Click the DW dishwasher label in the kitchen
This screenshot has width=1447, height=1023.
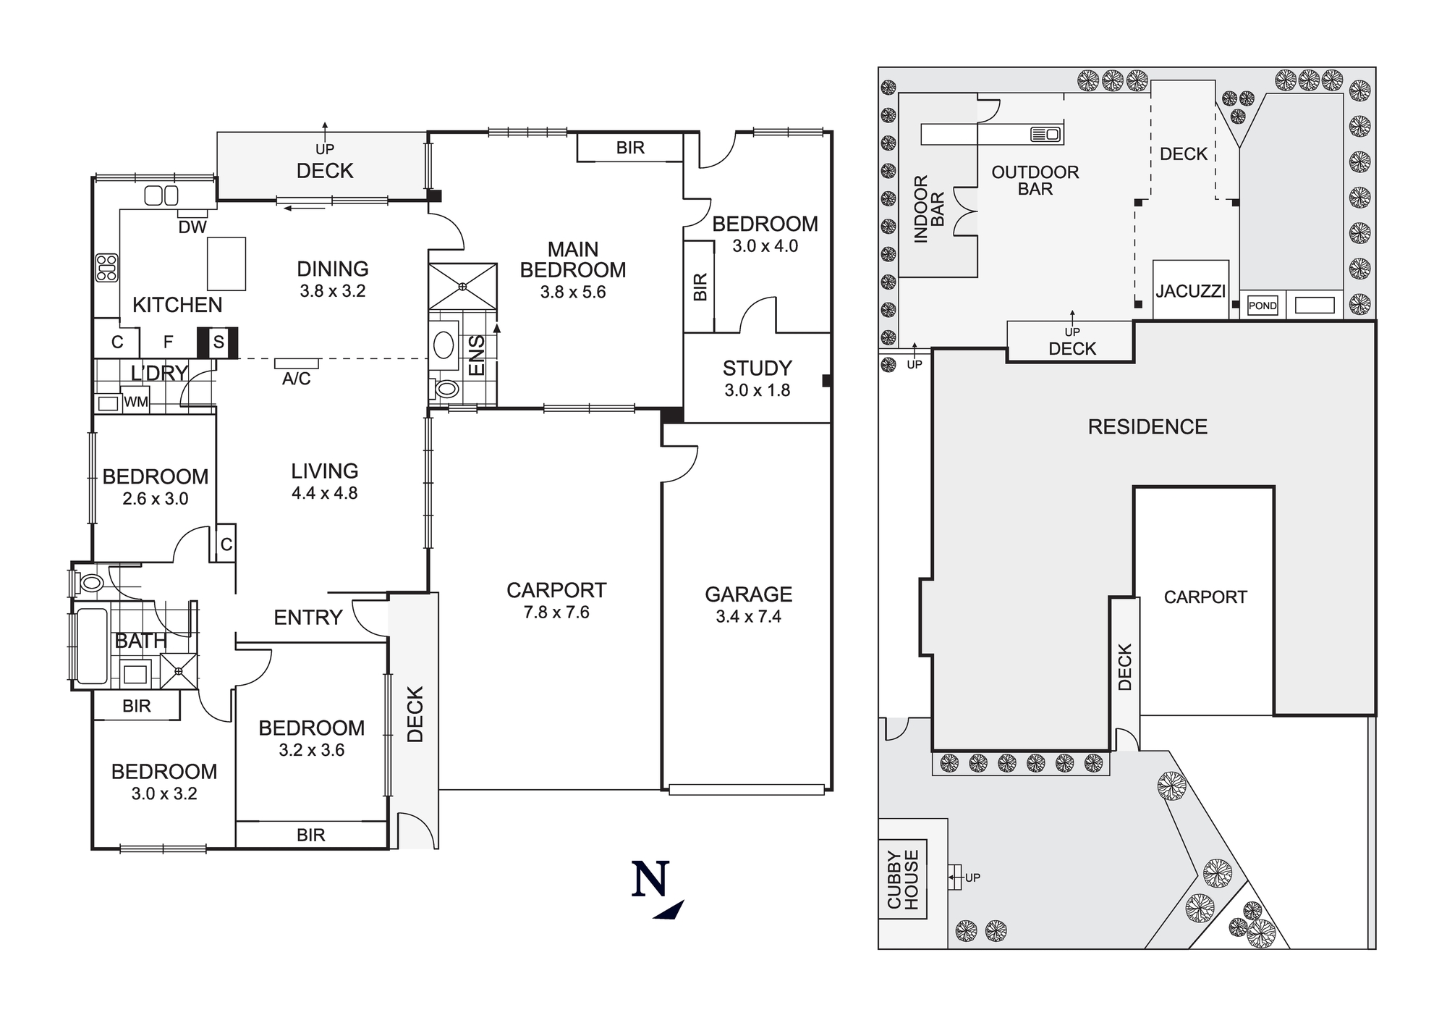192,227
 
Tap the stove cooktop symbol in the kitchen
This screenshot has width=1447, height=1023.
107,268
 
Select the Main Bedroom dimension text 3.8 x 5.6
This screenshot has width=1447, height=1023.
572,292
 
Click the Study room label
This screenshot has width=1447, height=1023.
757,369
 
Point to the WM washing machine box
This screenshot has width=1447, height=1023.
136,402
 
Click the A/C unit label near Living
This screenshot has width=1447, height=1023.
296,379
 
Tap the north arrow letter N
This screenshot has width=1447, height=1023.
650,880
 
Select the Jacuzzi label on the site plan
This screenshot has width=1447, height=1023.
1190,292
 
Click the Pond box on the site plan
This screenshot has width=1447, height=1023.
1263,306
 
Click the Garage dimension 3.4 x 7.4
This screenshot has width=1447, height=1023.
748,617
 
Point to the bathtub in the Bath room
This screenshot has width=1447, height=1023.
91,647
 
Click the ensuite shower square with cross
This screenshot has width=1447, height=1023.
462,286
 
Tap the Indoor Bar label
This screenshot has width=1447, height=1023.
929,209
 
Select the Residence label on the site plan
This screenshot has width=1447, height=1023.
1147,427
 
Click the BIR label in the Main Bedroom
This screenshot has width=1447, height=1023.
630,148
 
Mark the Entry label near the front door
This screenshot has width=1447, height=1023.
307,618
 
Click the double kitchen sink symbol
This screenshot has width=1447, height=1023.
161,195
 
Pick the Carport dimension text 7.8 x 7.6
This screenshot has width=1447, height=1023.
556,612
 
